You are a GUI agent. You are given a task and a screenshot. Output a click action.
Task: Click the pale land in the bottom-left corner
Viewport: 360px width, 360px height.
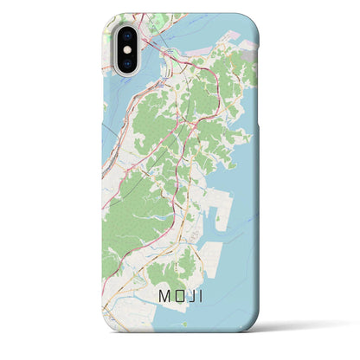[117, 320]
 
